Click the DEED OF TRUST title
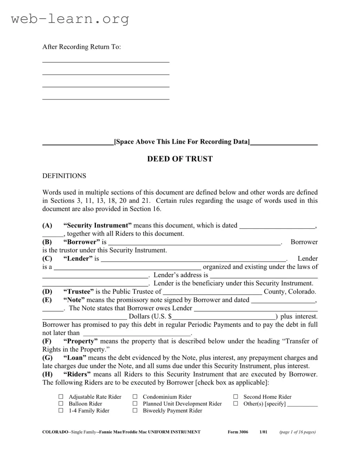pyautogui.click(x=180, y=159)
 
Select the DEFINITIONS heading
pyautogui.click(x=64, y=176)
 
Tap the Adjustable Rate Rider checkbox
pyautogui.click(x=61, y=397)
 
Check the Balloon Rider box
pyautogui.click(x=61, y=403)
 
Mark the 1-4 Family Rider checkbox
pyautogui.click(x=61, y=410)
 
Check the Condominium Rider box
pyautogui.click(x=135, y=397)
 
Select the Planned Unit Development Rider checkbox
pyautogui.click(x=135, y=403)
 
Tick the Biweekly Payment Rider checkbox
pyautogui.click(x=135, y=410)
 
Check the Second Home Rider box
pyautogui.click(x=236, y=397)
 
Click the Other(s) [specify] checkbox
pyautogui.click(x=236, y=403)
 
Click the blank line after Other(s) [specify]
pyautogui.click(x=302, y=405)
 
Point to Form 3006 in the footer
pyautogui.click(x=238, y=432)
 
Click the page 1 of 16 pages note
pyautogui.click(x=297, y=432)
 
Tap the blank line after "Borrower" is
pyautogui.click(x=195, y=243)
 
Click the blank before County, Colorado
pyautogui.click(x=212, y=293)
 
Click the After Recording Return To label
pyautogui.click(x=81, y=47)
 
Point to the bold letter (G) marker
pyautogui.click(x=47, y=357)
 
